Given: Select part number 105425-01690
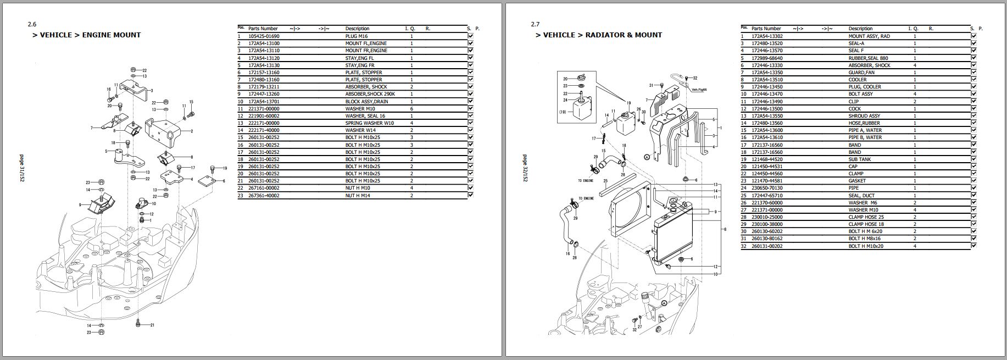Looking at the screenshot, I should pos(264,36).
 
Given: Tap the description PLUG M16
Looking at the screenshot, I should pos(357,36).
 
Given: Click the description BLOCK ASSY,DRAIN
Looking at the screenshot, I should pos(366,101).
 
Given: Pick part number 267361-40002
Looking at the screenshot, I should pos(264,196).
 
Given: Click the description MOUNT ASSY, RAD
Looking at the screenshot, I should pos(869,36).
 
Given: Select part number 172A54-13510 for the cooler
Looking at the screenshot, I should pos(767,80).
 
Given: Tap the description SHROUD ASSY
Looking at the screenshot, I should pos(864,116).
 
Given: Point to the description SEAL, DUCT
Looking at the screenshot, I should pos(862,196).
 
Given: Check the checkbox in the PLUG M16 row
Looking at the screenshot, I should pos(471,36).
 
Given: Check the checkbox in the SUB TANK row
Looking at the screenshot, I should pos(974,159).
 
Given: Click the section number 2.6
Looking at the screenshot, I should pos(32,24).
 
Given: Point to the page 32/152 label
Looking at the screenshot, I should pos(525,168).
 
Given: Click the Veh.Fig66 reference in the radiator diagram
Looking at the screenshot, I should pos(699,90).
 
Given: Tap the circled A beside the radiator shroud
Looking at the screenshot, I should pos(647,157).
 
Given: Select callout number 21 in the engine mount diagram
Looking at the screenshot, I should pos(152,325).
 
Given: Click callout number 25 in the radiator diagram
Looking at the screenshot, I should pos(605,181).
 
